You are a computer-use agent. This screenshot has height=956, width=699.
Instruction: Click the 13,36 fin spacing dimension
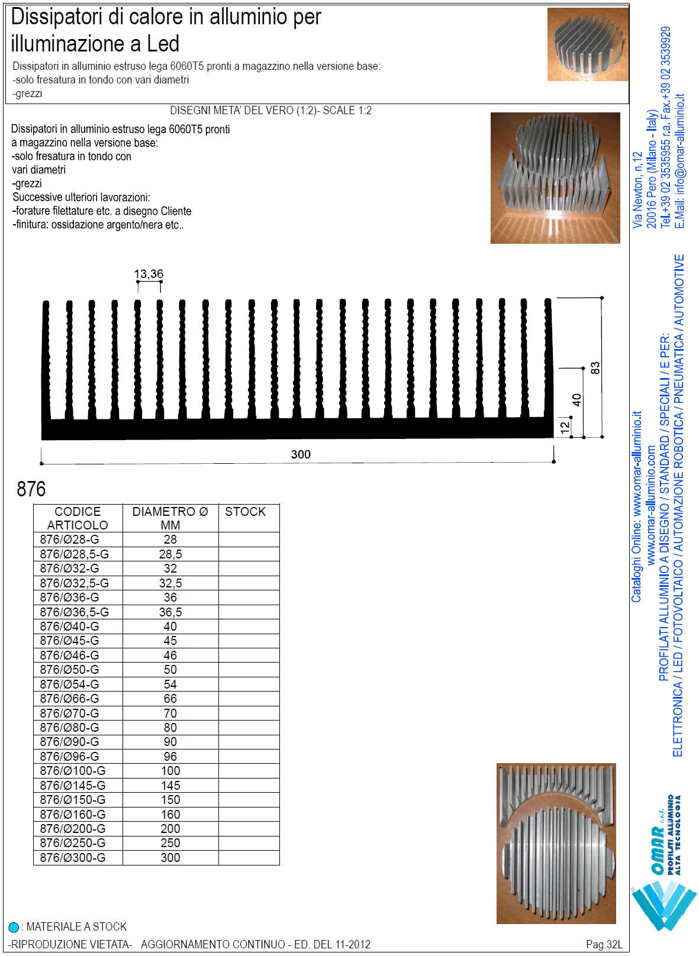[x=149, y=274]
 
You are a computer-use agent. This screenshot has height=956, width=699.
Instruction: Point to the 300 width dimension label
[x=301, y=454]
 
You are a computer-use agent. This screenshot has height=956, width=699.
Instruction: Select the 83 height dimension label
[x=595, y=367]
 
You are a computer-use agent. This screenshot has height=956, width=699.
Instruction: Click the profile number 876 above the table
[x=31, y=489]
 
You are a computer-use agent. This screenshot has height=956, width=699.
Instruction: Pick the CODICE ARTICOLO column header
[x=78, y=518]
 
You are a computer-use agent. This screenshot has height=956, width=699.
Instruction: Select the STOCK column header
[x=246, y=512]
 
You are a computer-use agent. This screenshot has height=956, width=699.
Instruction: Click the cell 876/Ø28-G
[x=70, y=540]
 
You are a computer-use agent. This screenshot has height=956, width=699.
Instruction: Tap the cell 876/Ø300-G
[x=73, y=858]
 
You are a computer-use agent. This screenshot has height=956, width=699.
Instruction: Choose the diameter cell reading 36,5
[x=170, y=612]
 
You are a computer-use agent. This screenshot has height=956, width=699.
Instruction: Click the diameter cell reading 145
[x=170, y=786]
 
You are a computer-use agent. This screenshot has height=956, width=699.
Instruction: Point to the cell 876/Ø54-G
[x=70, y=684]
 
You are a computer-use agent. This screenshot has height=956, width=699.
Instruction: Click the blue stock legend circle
[x=14, y=927]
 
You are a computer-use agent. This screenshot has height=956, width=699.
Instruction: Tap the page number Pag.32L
[x=604, y=944]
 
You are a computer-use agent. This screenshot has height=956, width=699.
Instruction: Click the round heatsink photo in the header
[x=587, y=44]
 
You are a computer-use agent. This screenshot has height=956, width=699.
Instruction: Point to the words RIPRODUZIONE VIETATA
[x=70, y=944]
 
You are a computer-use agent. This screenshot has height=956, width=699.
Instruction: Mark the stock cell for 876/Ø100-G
[x=249, y=771]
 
